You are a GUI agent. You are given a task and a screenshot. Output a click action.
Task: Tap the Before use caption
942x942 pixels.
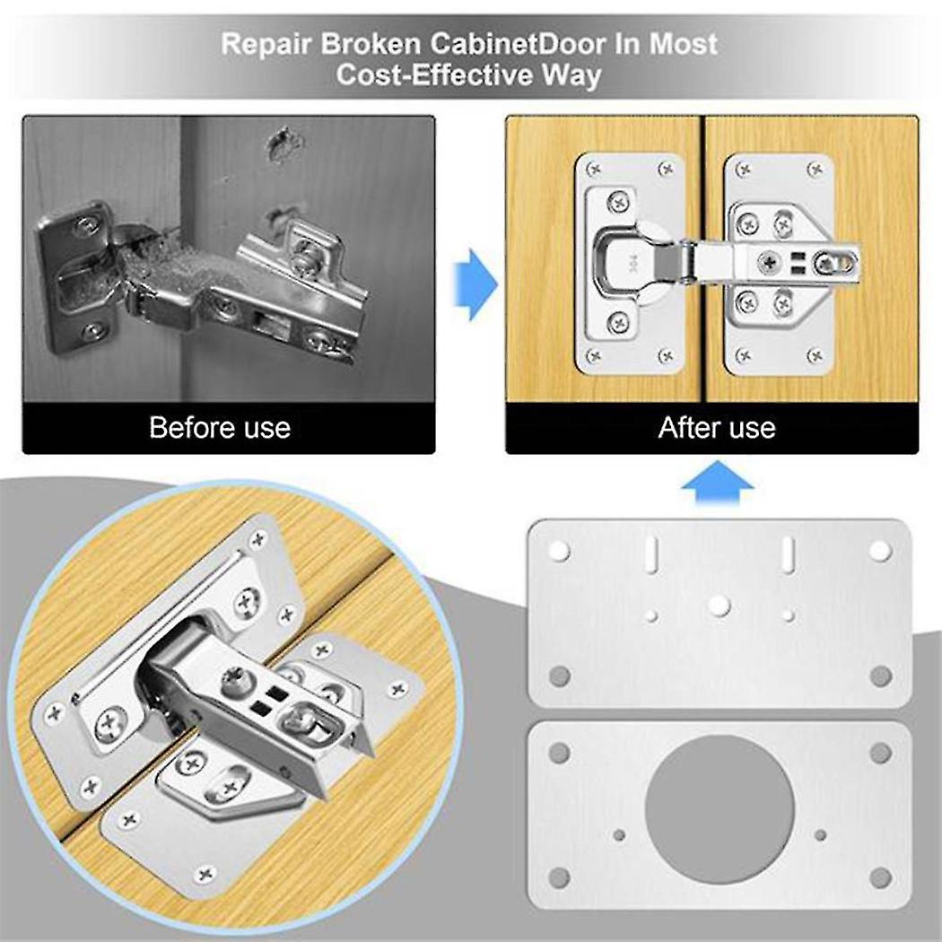tap(220, 427)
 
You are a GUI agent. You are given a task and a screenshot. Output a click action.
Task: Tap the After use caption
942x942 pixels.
tap(716, 427)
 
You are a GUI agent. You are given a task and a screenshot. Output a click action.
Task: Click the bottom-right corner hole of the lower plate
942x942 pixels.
tap(880, 877)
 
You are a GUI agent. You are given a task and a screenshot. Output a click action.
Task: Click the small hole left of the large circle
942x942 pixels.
tap(619, 835)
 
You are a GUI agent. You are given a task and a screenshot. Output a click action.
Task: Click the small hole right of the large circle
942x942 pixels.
tap(820, 835)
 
